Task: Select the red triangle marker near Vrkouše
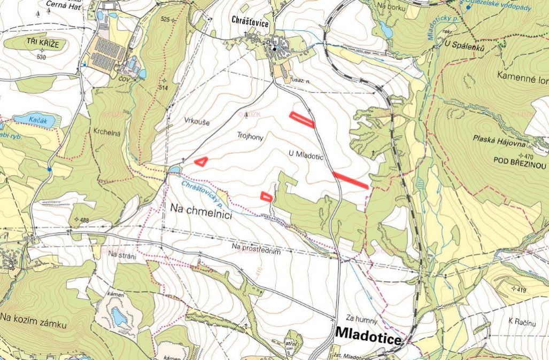point(201,161)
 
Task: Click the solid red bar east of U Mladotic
point(350,180)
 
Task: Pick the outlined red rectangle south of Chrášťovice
point(301,120)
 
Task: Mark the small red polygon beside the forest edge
point(266,197)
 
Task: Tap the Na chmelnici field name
point(200,210)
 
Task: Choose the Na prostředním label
point(256,246)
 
